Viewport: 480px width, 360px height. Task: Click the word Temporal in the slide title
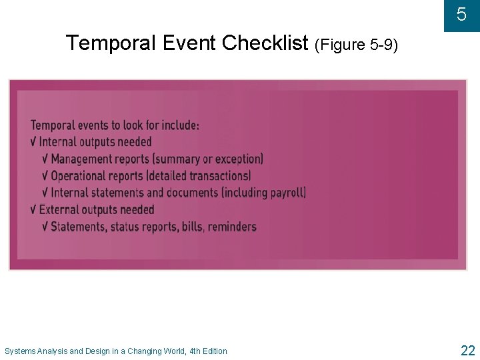tap(107, 43)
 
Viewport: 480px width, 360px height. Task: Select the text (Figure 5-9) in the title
tap(356, 45)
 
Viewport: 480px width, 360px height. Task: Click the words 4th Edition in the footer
tap(209, 351)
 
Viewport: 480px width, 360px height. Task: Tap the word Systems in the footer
tap(20, 351)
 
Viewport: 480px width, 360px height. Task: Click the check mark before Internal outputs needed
tap(34, 142)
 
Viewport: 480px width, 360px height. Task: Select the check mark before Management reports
tap(45, 159)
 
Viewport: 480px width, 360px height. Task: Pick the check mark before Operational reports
tap(45, 176)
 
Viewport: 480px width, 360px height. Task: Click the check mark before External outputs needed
tap(34, 210)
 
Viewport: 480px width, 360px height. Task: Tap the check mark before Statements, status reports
tap(45, 227)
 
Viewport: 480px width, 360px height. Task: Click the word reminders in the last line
tap(232, 227)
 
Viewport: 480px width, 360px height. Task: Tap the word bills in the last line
tap(191, 227)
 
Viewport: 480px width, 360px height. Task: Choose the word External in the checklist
tap(59, 210)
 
